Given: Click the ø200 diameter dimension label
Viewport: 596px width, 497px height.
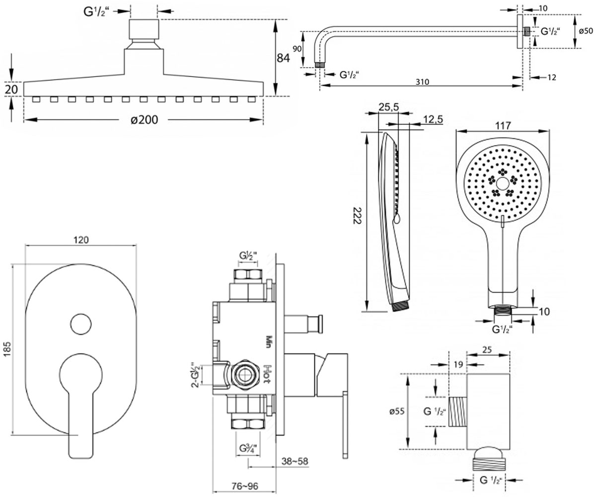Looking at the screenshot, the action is (x=144, y=120).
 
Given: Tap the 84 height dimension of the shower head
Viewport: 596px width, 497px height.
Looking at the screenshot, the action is (x=284, y=58).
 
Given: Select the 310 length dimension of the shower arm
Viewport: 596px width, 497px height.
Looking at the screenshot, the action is (x=422, y=82).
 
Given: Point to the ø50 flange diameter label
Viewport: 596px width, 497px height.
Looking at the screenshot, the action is (x=586, y=31).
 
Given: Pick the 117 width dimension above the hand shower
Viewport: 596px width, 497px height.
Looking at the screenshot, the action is (x=503, y=126).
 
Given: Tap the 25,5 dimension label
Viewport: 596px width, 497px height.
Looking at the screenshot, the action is (x=388, y=107).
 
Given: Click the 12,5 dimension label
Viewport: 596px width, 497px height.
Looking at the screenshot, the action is (x=433, y=119).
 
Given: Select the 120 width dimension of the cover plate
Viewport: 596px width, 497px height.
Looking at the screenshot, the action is (x=81, y=240).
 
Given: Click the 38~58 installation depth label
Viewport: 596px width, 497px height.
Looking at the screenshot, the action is (x=295, y=461).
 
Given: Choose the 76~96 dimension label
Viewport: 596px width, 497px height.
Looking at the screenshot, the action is (x=245, y=486).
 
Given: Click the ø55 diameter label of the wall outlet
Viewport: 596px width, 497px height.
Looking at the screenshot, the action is (x=397, y=412).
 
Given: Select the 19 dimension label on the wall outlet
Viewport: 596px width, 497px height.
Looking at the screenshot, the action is (x=458, y=365).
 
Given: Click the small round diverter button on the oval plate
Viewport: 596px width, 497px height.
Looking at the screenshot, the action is (x=81, y=324).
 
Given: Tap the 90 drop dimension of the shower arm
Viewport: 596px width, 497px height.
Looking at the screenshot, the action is (x=297, y=49).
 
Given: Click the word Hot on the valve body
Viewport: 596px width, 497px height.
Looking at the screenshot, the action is (x=268, y=374).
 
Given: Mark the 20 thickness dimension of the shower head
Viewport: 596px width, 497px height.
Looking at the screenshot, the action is (x=11, y=89).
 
